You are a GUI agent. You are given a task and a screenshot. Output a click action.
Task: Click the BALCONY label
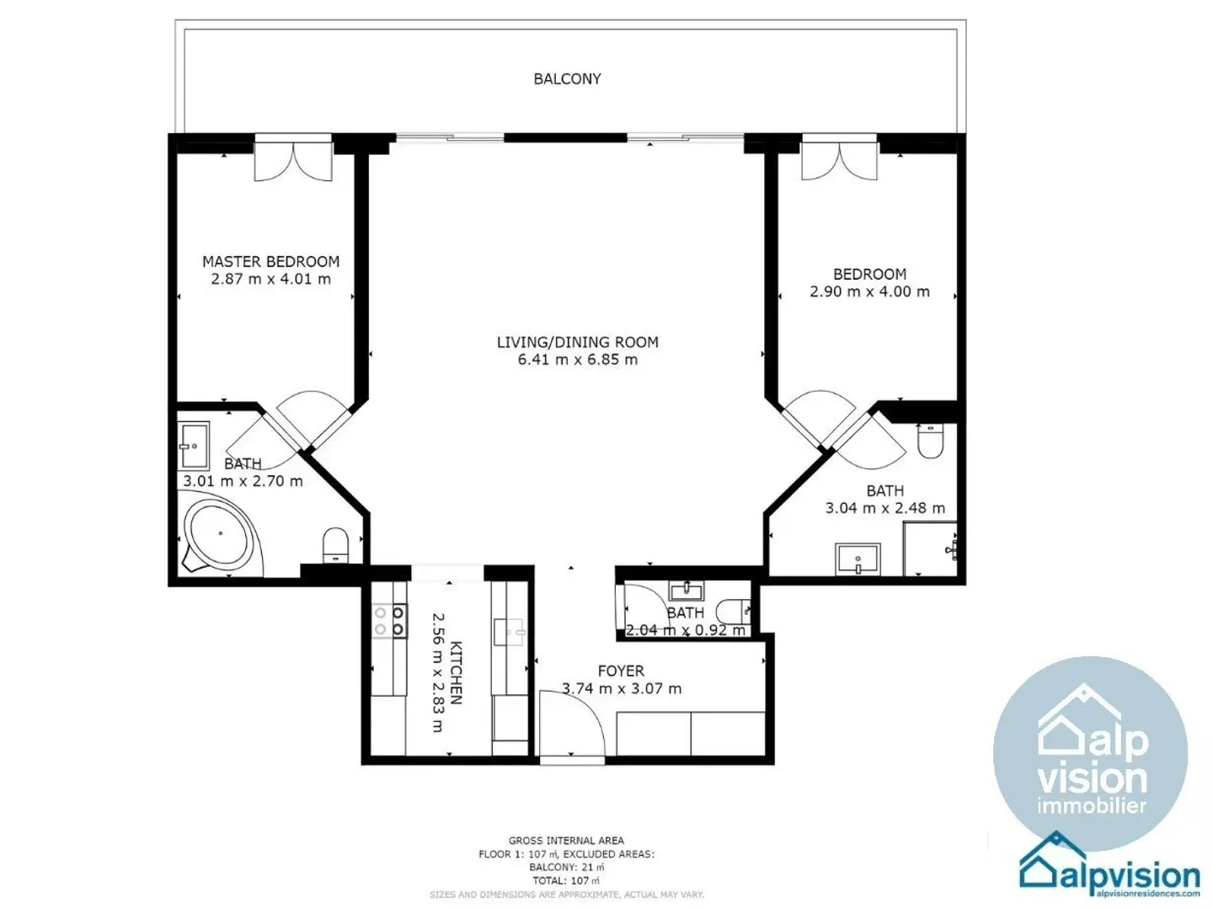(x=567, y=79)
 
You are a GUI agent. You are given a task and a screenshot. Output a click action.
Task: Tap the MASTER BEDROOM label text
(x=270, y=262)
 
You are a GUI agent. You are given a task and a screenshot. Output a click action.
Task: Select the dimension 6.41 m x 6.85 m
(x=577, y=360)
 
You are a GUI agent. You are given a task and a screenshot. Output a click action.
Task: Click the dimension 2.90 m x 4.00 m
(x=869, y=291)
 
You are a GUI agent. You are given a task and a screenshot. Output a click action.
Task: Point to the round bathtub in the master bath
(x=220, y=535)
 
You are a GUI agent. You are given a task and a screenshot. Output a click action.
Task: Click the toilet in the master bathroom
(x=335, y=543)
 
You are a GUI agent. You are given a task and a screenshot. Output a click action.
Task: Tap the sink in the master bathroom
(x=194, y=446)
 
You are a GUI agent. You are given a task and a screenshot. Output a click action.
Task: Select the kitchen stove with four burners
(x=389, y=622)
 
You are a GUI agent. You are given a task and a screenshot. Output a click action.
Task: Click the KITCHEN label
(x=456, y=672)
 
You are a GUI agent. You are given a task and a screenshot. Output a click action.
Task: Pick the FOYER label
(x=621, y=671)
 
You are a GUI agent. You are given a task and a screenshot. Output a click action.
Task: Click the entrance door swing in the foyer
(x=571, y=725)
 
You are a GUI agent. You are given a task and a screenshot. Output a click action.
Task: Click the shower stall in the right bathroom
(x=930, y=549)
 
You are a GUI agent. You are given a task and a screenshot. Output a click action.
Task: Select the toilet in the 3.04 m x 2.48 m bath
(x=930, y=441)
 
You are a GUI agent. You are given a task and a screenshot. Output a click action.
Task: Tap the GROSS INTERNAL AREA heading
(x=566, y=840)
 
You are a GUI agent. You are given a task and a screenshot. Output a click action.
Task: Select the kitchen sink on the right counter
(x=510, y=631)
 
